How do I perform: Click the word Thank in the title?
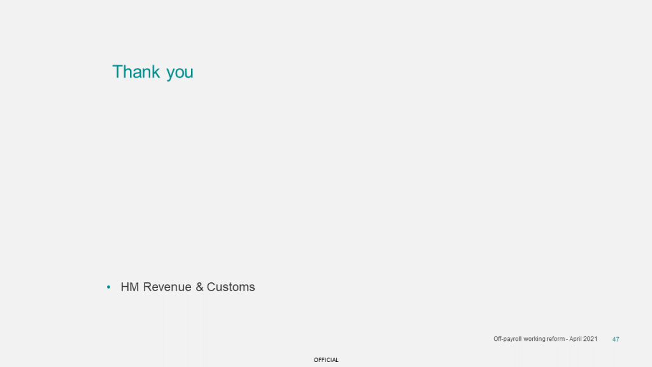[136, 71]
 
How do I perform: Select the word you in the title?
[180, 73]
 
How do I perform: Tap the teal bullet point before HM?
[108, 287]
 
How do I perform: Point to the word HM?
[130, 287]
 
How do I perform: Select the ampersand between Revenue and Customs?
[199, 287]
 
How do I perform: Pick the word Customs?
[230, 287]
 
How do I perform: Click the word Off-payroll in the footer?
[507, 339]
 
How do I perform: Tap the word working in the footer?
[534, 339]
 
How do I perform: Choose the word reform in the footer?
[555, 339]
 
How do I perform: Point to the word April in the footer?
[576, 339]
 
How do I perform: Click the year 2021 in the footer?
[590, 339]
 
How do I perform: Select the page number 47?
[616, 340]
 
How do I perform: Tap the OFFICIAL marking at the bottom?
[326, 360]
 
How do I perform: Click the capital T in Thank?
[118, 71]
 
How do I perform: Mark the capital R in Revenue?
[147, 287]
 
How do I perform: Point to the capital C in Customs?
[211, 287]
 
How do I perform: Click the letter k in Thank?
[156, 71]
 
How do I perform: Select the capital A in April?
[571, 339]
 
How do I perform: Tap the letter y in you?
[171, 74]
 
